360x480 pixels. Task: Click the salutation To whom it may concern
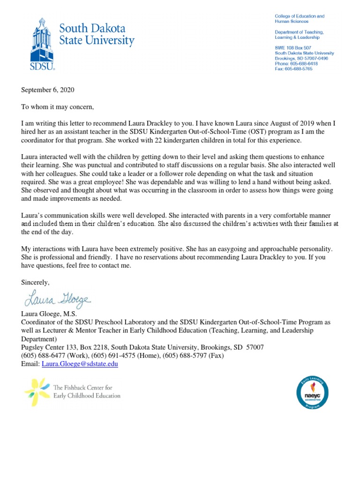pos(58,107)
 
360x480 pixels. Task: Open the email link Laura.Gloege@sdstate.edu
pos(80,364)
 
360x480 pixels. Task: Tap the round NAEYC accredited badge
pos(312,392)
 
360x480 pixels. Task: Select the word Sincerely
pos(35,282)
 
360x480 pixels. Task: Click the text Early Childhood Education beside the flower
pos(87,396)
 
